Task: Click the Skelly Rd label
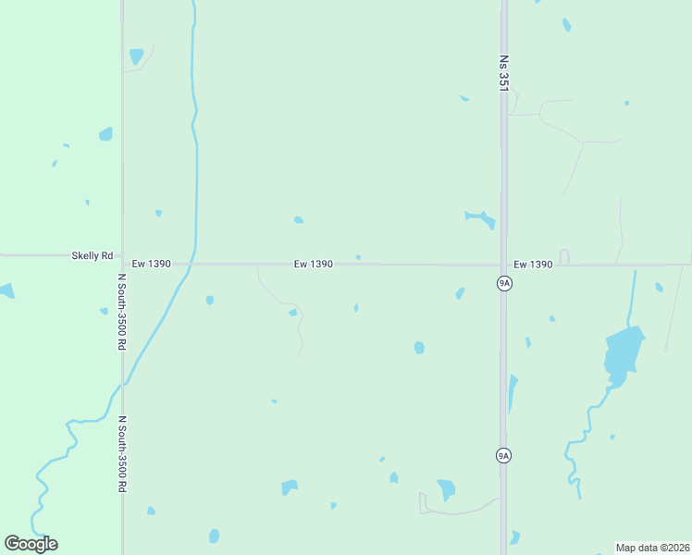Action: pos(93,255)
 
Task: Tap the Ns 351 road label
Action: pos(504,71)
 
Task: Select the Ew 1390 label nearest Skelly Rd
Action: pos(151,264)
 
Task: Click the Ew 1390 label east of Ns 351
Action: pos(533,265)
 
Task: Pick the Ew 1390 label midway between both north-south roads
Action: pos(313,264)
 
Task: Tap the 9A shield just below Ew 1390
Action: pos(503,283)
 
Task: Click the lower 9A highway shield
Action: pos(503,455)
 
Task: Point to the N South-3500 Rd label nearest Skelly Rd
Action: pos(121,310)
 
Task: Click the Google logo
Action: pos(31,544)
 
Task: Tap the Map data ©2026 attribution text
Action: pos(652,548)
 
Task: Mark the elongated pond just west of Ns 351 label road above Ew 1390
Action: pos(480,218)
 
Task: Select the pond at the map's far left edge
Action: pos(6,291)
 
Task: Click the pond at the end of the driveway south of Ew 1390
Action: pos(293,313)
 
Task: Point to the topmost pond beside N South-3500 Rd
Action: pos(137,55)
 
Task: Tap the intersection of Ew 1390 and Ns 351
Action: pos(504,265)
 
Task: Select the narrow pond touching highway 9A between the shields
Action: pos(512,391)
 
